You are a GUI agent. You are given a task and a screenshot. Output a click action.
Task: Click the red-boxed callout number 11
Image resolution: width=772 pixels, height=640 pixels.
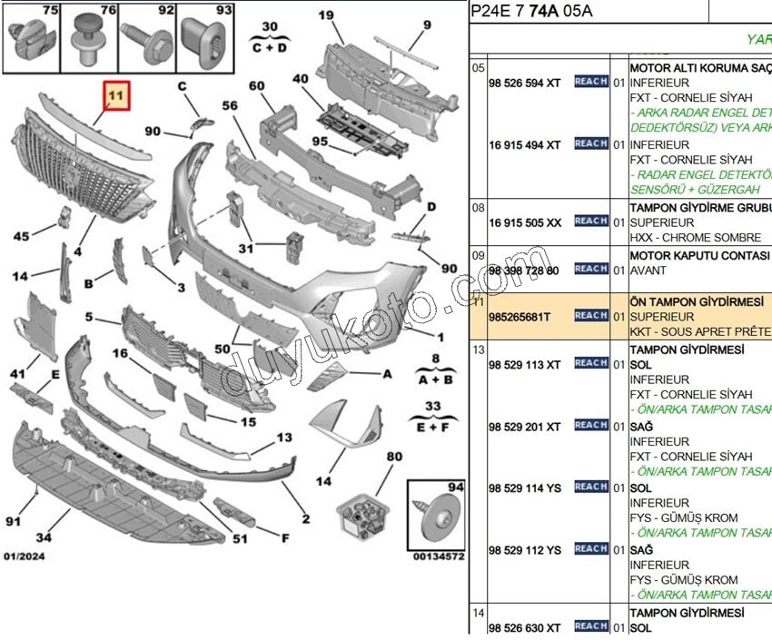pos(114,95)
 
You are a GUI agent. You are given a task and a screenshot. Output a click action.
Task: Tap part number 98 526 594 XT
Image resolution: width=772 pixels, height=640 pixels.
pos(525,83)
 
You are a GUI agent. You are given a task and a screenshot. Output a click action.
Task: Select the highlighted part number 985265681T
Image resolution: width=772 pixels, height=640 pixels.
pos(520,316)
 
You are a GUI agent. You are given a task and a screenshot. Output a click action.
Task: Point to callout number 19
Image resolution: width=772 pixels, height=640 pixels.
pos(326,15)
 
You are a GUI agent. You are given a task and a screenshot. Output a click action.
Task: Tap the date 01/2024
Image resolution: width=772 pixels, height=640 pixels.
pos(24,556)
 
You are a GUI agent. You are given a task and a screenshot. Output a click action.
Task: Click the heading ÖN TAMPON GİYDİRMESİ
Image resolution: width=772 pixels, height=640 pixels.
pos(697,300)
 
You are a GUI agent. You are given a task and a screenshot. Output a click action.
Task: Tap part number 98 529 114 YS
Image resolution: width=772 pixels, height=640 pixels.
pos(525,487)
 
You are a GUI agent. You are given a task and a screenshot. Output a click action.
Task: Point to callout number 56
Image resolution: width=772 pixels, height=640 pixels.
pos(229,105)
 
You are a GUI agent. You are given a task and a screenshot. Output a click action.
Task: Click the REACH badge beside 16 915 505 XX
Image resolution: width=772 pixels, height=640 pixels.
pos(591,221)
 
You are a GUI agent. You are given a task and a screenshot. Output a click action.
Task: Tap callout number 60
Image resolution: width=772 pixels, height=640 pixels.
pos(256,86)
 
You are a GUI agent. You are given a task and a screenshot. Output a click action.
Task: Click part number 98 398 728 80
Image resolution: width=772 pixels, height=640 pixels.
pos(523,271)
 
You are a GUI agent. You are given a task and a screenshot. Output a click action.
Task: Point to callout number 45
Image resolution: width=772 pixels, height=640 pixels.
pos(22,237)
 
